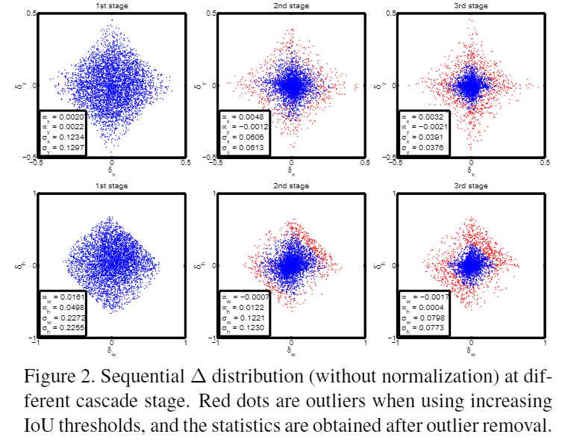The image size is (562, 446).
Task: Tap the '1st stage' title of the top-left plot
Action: [111, 6]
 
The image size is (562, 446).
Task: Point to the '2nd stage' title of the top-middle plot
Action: [291, 6]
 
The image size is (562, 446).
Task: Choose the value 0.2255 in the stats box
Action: [72, 326]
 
